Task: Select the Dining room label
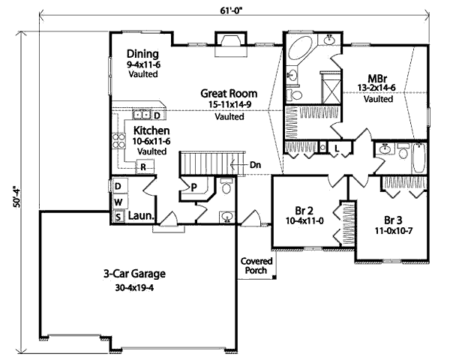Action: coord(142,54)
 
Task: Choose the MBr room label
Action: coord(377,78)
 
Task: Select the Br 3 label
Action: coord(394,221)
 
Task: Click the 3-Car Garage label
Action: coord(134,274)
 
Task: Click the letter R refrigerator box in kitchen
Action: coord(142,166)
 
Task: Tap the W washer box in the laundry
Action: coord(118,202)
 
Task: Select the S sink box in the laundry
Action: coord(118,216)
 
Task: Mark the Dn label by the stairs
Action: coord(256,164)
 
